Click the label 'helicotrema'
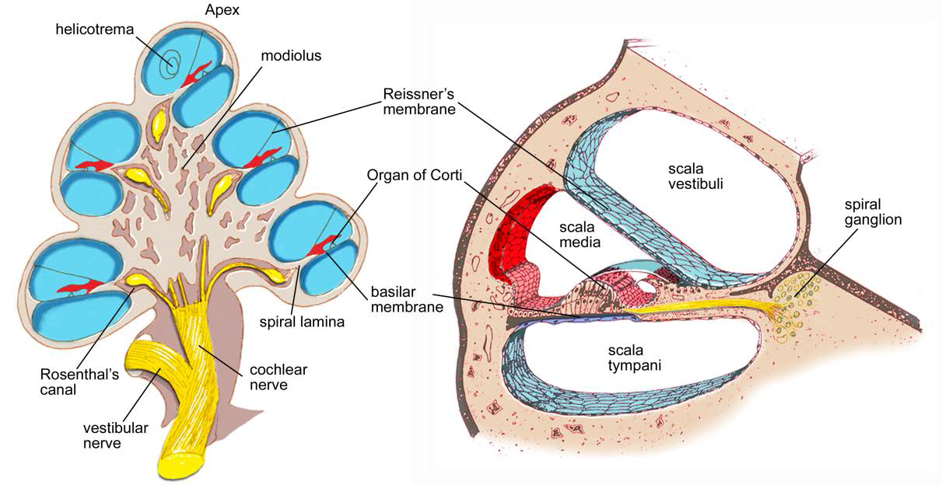(x=95, y=30)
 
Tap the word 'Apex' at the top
(x=222, y=11)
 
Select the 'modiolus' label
(x=291, y=56)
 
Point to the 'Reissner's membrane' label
(x=418, y=101)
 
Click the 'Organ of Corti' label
(x=415, y=175)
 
